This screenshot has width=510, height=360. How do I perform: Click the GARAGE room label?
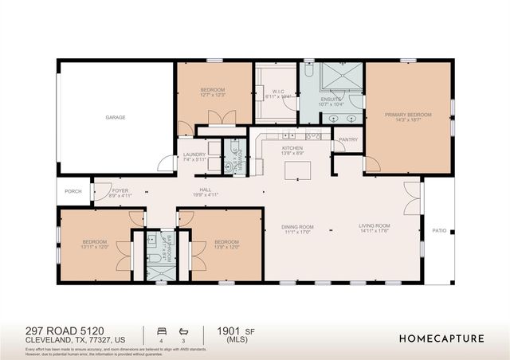[x=116, y=117]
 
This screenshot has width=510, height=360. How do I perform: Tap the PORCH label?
[x=73, y=191]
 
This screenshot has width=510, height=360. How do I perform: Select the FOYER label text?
[x=120, y=191]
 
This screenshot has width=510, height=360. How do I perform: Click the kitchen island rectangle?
[x=299, y=171]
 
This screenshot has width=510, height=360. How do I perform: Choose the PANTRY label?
[x=348, y=140]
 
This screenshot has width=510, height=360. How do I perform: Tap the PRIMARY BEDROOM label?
[x=408, y=115]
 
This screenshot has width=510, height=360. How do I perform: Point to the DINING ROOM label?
[x=297, y=227]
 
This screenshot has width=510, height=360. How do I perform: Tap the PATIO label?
[x=439, y=231]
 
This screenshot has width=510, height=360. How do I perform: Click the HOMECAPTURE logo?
[x=441, y=338]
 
